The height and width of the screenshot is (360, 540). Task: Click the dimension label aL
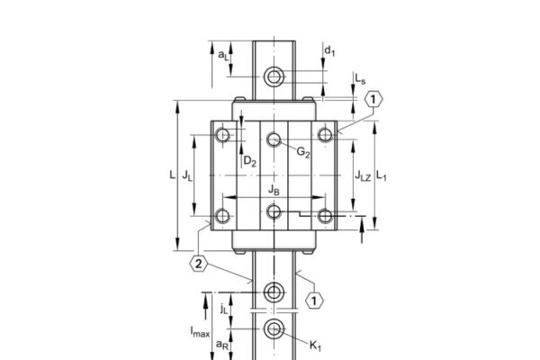tap(222, 54)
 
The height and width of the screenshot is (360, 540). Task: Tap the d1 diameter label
tap(330, 49)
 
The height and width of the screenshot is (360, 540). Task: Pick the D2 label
tap(250, 162)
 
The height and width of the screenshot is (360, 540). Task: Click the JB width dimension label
tap(274, 189)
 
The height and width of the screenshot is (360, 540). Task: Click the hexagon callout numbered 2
tap(199, 264)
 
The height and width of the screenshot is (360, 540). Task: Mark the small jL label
tap(223, 308)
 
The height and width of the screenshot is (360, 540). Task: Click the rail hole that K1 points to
tap(274, 329)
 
